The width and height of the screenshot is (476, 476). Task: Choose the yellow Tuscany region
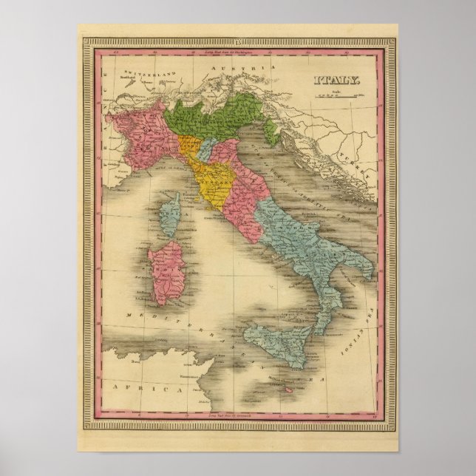click(x=214, y=177)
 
